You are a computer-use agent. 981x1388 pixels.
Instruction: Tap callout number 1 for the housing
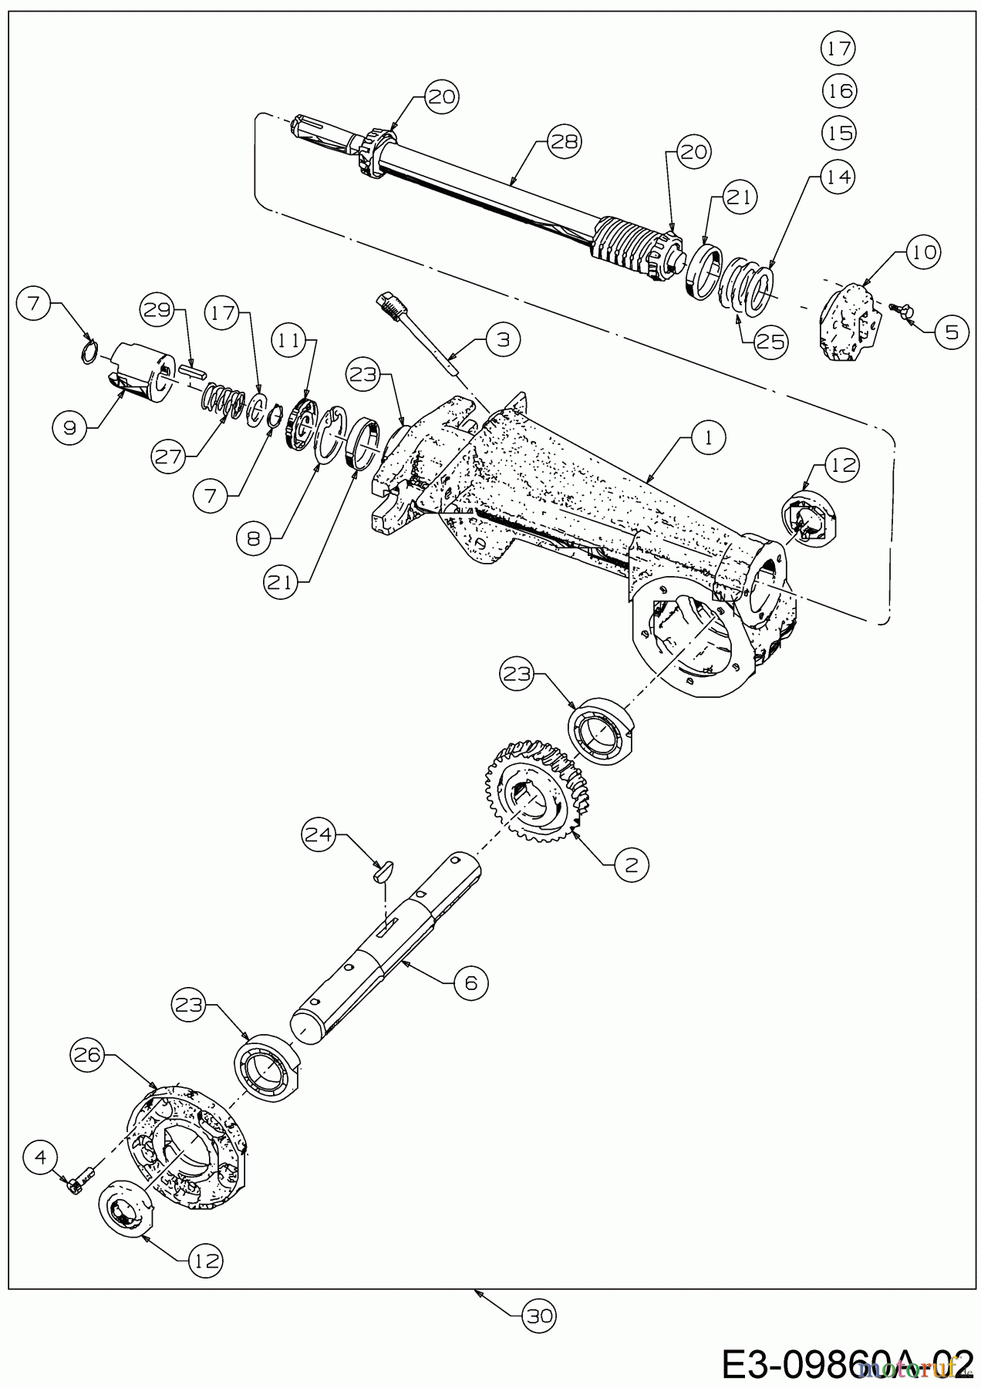point(709,438)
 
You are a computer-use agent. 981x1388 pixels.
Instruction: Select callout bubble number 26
point(88,1055)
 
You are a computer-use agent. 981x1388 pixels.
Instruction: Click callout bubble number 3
point(503,339)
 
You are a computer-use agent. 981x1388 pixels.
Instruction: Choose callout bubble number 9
point(70,427)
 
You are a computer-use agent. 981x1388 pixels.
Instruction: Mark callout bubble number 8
point(254,538)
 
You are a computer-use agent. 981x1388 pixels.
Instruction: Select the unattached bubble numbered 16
point(838,91)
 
